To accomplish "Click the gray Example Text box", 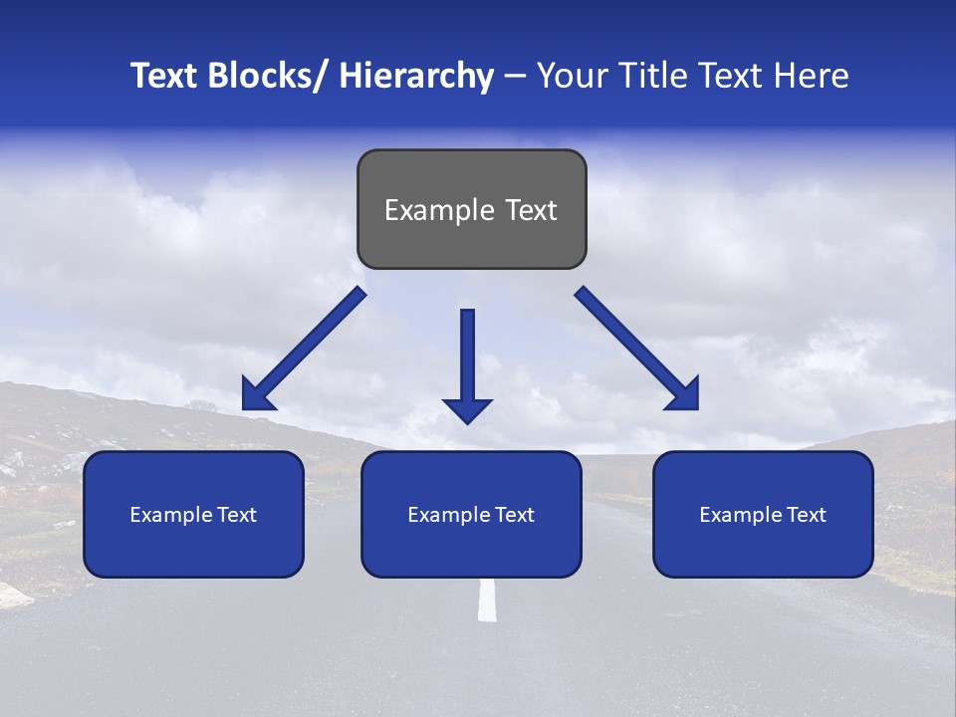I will [471, 209].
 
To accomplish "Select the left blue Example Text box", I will [193, 514].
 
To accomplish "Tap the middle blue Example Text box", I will [471, 514].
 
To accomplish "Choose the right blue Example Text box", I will [763, 514].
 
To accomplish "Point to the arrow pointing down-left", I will [304, 350].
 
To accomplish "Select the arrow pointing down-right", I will [637, 349].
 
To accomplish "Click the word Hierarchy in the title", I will [416, 76].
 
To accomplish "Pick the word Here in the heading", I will [813, 76].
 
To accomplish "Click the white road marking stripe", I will [487, 598].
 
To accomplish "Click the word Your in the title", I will [569, 76].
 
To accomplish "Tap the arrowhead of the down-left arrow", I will [257, 396].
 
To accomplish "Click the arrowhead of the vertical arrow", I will [467, 408].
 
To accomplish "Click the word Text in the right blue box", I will [807, 514].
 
